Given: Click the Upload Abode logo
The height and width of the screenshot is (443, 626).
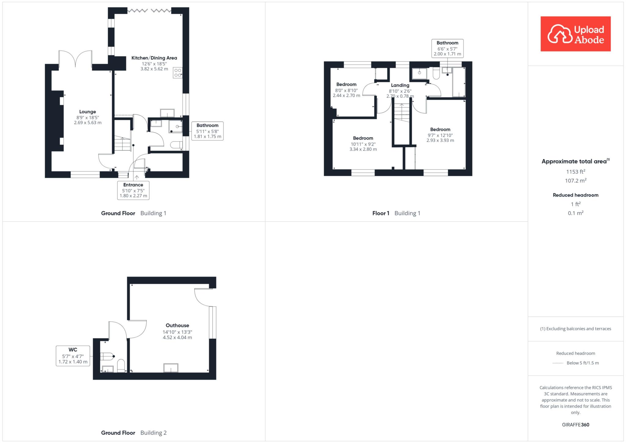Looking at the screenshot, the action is (576, 34).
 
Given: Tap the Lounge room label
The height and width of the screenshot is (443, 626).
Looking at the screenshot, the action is (88, 112).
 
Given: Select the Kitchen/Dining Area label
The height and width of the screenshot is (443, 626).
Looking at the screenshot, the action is (154, 58).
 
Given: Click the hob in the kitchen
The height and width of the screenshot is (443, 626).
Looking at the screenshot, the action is (178, 72).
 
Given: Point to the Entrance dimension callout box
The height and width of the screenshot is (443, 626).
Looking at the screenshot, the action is (133, 190).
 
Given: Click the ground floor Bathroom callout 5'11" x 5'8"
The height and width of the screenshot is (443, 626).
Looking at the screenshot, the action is (208, 131).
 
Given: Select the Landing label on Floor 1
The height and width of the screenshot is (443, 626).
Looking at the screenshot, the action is (400, 85).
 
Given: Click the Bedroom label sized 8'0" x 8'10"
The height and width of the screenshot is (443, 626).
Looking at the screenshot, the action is (346, 84).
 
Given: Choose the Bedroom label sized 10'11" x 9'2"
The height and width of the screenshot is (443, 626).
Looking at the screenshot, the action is (363, 138).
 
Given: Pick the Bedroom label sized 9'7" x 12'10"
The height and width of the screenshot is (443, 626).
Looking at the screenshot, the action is (440, 129).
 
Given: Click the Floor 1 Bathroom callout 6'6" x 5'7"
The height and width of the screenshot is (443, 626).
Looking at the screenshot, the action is (447, 48).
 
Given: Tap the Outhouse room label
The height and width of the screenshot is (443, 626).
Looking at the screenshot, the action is (177, 325).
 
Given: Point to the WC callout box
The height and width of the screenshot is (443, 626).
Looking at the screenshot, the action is (73, 356).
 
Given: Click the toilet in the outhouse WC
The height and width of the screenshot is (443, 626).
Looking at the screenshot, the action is (121, 366).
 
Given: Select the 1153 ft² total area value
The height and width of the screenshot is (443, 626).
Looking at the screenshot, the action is (576, 172).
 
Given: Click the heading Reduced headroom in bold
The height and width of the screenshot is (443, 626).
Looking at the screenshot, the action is (576, 195).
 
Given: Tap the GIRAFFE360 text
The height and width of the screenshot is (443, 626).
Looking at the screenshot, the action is (576, 425).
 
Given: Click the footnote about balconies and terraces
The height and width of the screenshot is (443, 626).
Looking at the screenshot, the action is (576, 329).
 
